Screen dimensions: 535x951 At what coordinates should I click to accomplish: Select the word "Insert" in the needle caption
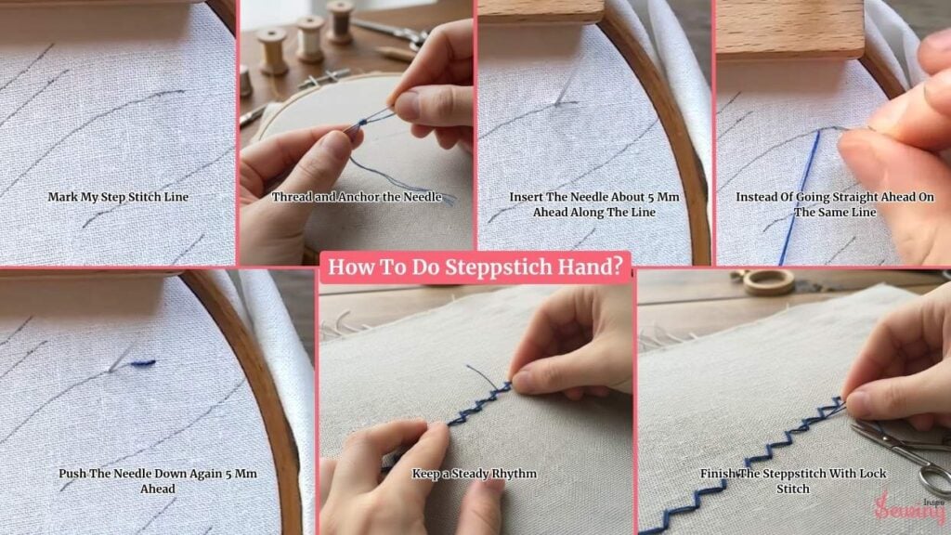526,197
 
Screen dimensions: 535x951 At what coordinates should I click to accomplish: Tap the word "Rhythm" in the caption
514,474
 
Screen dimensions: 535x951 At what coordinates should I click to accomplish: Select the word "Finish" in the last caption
718,474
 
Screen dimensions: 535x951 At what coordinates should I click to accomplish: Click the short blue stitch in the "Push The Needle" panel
142,363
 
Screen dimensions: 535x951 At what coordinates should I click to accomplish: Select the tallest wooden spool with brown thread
340,21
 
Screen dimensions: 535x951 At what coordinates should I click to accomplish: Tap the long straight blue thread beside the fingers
801,195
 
